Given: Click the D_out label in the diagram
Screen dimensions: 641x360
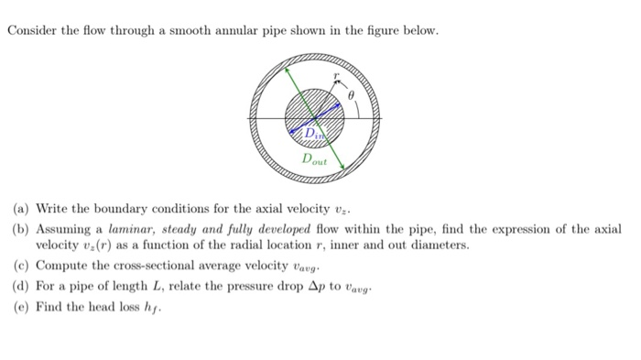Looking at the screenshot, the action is click(313, 158).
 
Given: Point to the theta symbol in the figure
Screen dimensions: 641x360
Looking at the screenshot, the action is click(350, 94).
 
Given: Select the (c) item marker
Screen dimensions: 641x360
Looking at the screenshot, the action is click(18, 267).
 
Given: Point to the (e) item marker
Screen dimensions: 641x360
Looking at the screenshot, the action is click(18, 307).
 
